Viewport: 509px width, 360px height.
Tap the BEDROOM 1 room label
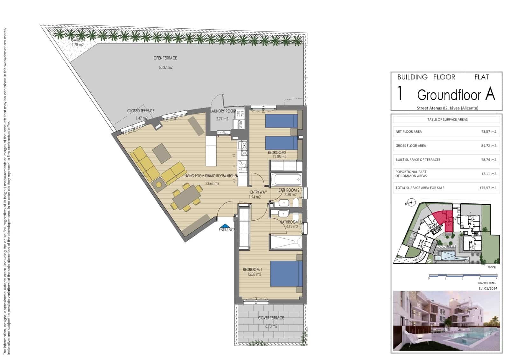(252, 270)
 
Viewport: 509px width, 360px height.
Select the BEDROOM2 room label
(277, 152)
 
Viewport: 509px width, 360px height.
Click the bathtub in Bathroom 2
(285, 179)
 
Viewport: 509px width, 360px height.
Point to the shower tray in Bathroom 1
(286, 242)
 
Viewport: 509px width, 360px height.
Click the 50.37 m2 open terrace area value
(165, 67)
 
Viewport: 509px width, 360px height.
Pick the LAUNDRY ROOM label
(223, 111)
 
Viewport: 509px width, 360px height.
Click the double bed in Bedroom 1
(286, 273)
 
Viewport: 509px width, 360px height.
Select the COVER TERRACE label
(271, 318)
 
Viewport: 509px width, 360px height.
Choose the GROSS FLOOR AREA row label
(411, 146)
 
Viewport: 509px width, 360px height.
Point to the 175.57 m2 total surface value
(488, 188)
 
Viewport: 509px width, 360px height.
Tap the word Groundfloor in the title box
(450, 95)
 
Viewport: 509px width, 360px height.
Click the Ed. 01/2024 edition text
(488, 288)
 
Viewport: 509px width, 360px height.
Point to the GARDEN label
(78, 40)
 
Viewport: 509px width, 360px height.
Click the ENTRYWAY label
(258, 192)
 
